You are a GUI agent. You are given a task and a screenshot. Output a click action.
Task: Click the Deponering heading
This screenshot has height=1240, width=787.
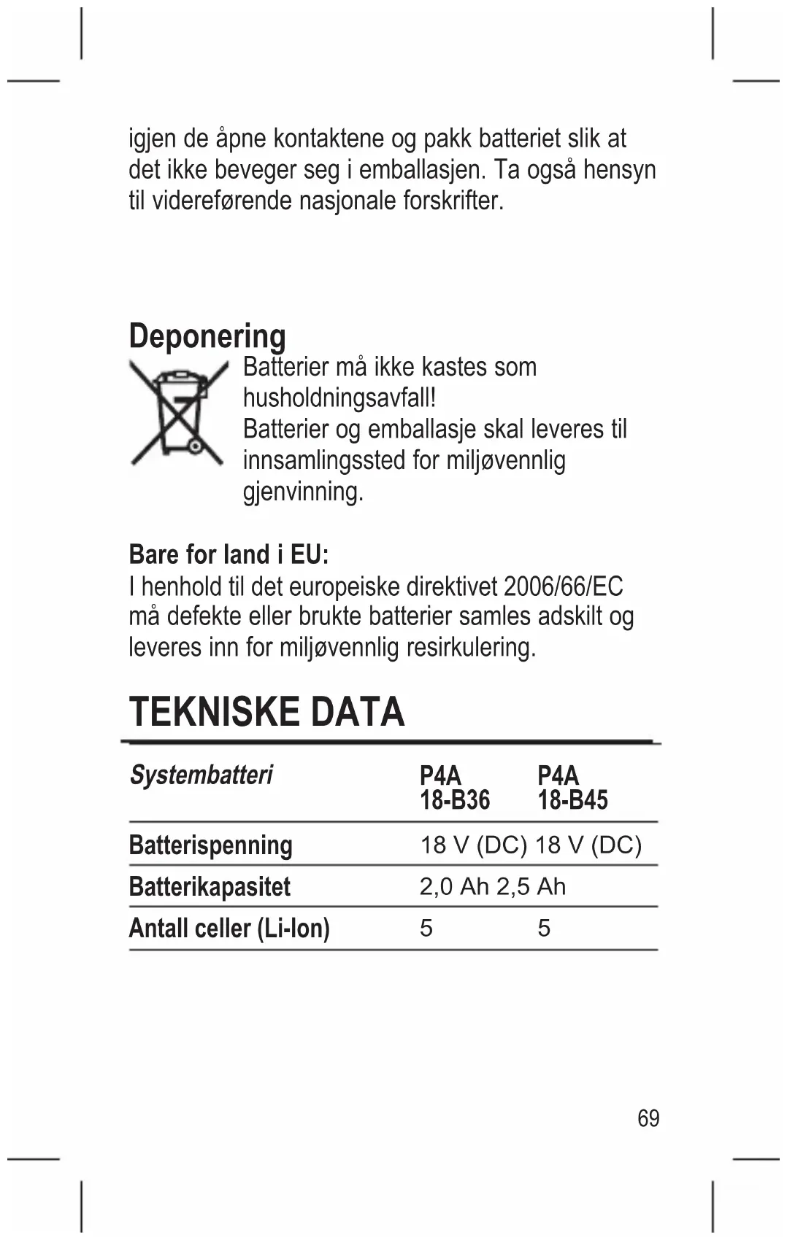[207, 336]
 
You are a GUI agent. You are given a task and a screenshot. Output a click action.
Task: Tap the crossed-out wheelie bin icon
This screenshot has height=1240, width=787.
[177, 414]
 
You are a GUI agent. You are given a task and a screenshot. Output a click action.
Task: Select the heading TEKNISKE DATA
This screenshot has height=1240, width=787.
[266, 712]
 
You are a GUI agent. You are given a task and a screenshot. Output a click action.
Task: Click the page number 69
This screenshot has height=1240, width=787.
[648, 1118]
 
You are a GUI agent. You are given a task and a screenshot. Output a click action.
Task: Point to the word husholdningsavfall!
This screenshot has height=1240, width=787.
[339, 398]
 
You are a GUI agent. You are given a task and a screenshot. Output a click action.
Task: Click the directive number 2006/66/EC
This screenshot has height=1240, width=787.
[564, 586]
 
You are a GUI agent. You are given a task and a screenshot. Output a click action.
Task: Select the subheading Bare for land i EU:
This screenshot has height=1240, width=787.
[229, 554]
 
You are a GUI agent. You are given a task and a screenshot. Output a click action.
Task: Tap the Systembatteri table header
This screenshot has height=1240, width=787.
[201, 775]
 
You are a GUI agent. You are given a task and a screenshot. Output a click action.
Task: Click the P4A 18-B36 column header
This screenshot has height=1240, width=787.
[454, 788]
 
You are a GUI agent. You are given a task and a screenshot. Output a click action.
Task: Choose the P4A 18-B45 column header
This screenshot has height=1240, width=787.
[572, 788]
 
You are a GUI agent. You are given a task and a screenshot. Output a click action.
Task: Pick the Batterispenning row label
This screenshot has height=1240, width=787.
[210, 845]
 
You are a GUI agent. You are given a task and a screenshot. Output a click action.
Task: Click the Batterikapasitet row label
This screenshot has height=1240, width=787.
[210, 887]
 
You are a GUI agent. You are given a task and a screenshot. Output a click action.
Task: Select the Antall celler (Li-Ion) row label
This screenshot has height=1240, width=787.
[229, 929]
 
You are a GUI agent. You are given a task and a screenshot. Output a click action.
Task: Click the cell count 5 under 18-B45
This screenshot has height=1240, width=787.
[544, 929]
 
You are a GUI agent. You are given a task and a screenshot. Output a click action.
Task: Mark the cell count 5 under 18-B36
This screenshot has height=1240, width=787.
[426, 929]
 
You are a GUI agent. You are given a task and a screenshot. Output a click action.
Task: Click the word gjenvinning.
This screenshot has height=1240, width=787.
[302, 492]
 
